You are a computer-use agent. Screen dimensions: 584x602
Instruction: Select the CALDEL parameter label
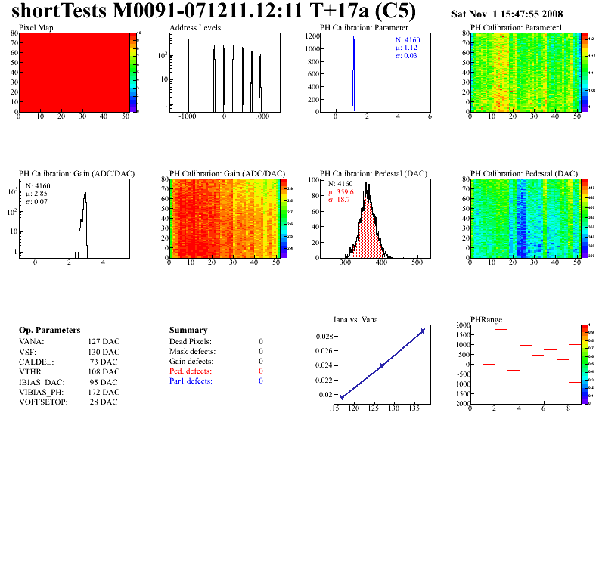pos(35,362)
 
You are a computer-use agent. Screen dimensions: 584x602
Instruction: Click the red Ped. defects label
pos(191,371)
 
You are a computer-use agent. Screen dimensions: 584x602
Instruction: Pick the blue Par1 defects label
pos(191,381)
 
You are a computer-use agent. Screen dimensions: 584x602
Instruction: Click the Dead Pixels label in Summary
pos(191,342)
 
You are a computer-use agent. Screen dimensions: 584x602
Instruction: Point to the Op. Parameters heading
pos(49,331)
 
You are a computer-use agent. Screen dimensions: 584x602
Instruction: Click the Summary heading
pos(189,331)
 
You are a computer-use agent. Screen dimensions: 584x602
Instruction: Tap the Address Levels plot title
pos(195,28)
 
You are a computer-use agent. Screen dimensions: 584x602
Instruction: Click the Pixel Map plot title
pos(36,28)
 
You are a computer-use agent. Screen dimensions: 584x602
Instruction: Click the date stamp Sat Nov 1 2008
pos(507,14)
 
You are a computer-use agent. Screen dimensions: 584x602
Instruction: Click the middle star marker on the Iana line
pos(382,365)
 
